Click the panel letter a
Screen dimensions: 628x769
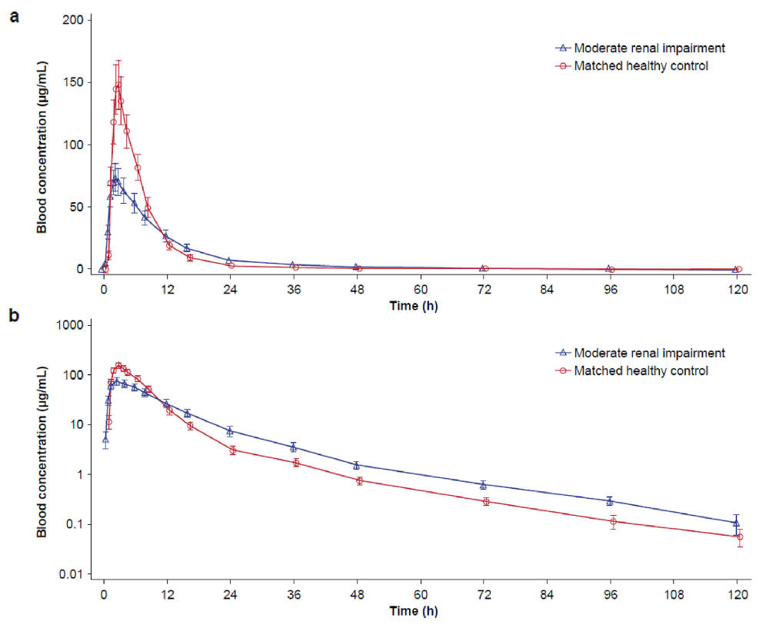click(x=14, y=15)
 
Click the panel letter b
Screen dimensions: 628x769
click(x=14, y=315)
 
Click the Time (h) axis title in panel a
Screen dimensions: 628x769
click(x=415, y=305)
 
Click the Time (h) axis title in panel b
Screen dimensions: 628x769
click(x=415, y=611)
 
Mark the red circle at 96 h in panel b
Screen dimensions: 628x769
click(x=613, y=522)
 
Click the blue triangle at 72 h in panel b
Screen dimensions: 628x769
click(x=484, y=484)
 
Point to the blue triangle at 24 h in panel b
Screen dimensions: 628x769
click(x=230, y=430)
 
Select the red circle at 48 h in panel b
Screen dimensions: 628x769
click(x=359, y=480)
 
